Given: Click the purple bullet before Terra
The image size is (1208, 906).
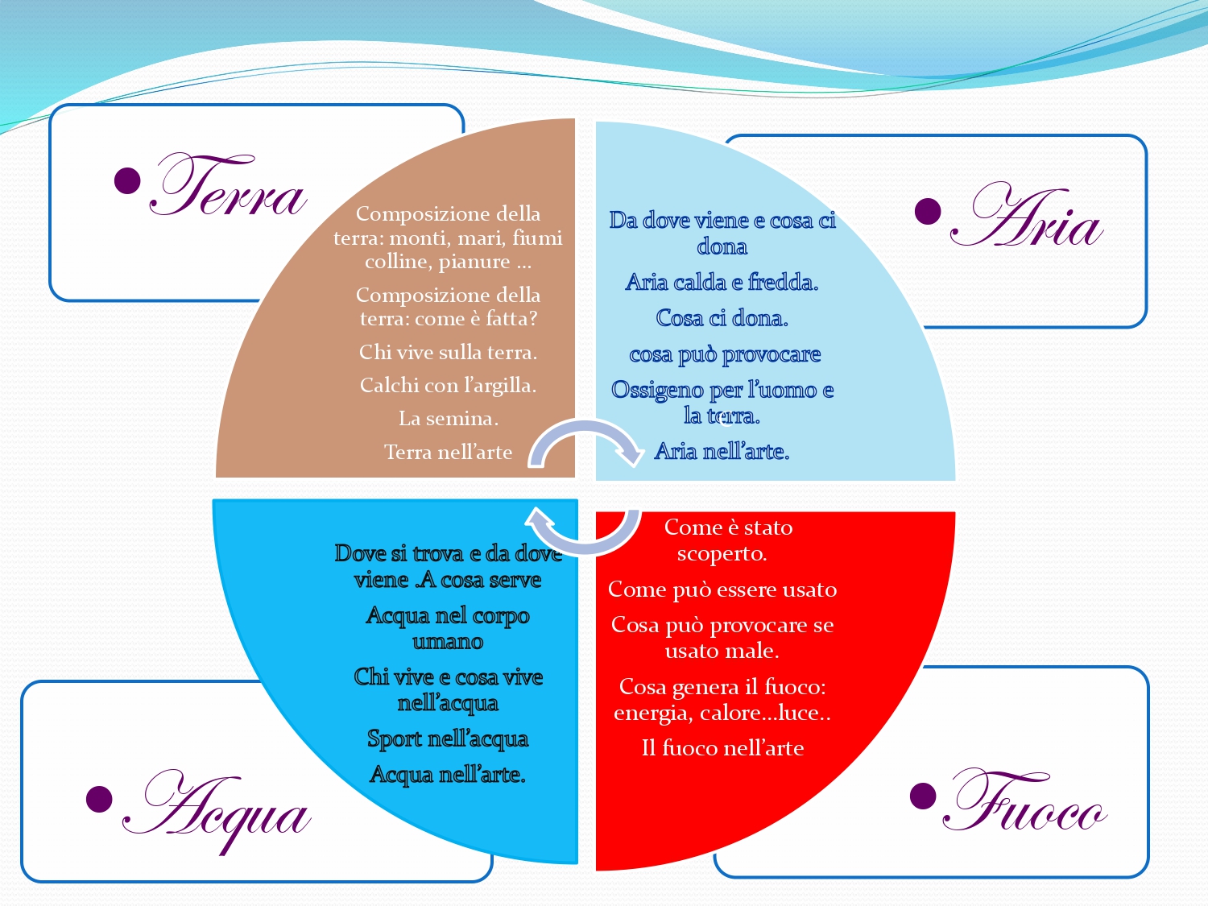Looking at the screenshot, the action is pyautogui.click(x=127, y=180).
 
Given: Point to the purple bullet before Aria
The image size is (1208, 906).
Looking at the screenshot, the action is pyautogui.click(x=928, y=211).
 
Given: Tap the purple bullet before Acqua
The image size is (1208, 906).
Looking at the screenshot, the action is pyautogui.click(x=100, y=799).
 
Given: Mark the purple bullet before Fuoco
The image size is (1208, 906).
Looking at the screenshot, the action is pyautogui.click(x=924, y=796).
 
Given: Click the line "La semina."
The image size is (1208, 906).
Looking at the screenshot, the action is pyautogui.click(x=449, y=419).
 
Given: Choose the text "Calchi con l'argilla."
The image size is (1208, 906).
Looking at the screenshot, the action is pyautogui.click(x=448, y=385).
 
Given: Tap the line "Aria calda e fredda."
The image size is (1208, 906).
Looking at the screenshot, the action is pyautogui.click(x=722, y=282).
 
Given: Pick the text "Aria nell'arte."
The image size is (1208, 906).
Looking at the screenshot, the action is pyautogui.click(x=722, y=451).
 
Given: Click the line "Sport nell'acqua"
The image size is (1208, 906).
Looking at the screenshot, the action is pyautogui.click(x=448, y=738).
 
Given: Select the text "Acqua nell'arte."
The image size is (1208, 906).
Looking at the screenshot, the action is pyautogui.click(x=448, y=775).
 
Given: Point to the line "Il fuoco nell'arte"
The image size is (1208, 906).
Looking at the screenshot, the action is pyautogui.click(x=722, y=748).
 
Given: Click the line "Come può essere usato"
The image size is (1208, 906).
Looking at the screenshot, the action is pyautogui.click(x=722, y=590).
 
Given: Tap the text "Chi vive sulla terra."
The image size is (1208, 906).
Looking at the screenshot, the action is pyautogui.click(x=448, y=352).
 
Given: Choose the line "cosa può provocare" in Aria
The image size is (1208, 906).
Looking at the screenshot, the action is pyautogui.click(x=725, y=354).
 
